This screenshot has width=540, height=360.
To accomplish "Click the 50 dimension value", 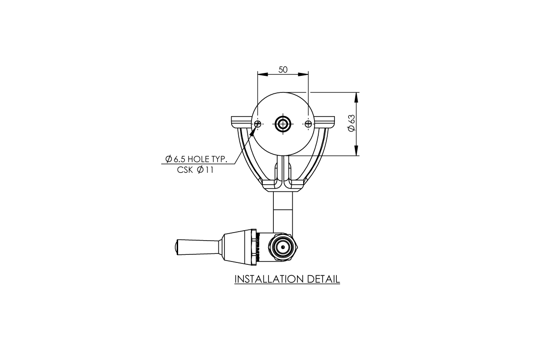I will pos(283,70).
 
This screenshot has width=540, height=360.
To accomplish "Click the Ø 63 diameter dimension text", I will pos(351,124).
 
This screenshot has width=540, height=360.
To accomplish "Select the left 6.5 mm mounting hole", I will pos(258,124).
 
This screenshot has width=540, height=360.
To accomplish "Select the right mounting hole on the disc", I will pos(308,124).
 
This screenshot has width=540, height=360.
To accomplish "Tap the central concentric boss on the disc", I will pos(283,124).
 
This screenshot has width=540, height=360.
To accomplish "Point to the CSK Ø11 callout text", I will pos(195,170).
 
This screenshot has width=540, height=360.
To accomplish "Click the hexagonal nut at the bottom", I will pos(283,247).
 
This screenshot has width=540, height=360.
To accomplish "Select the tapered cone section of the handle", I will pos(239,247).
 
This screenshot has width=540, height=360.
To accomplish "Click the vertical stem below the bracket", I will pos(283,211).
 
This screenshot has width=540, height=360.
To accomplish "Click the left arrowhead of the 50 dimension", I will pos(261,74).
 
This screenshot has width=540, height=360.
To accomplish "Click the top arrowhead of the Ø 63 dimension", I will pos(356,96).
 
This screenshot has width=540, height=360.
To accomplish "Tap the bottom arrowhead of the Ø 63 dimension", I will pos(356,151).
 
